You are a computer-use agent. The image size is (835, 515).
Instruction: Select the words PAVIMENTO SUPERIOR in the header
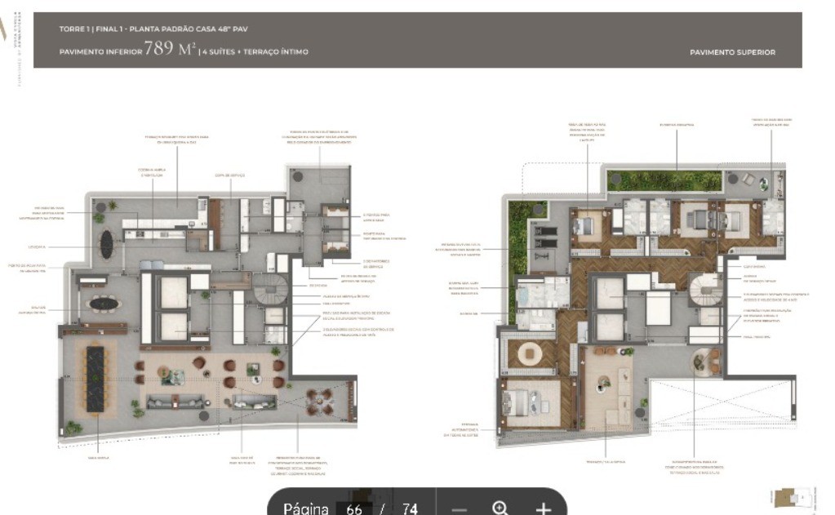coord(732,52)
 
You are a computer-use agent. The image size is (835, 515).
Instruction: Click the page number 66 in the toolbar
coord(354,508)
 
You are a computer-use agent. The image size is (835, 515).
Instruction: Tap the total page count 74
coord(410,508)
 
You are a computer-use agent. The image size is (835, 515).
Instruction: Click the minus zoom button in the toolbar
coord(459,508)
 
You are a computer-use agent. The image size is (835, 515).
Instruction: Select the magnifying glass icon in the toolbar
coord(500,508)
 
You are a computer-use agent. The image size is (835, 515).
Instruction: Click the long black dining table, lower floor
coord(95,378)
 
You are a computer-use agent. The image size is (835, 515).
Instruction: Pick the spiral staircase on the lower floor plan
coord(269,290)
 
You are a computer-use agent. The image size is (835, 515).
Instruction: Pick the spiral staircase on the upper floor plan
coord(705,290)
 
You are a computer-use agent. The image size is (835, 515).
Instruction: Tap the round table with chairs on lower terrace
coord(319,401)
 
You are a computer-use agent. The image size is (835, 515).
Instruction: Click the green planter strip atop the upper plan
coord(664,180)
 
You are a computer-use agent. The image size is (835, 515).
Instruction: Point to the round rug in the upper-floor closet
coord(530,354)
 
